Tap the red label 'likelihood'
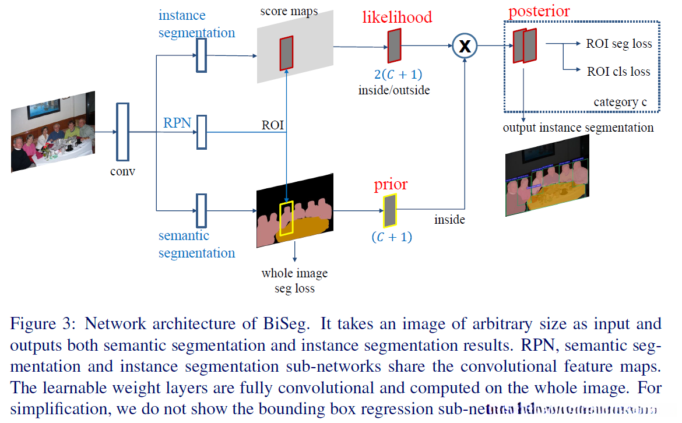click(x=397, y=17)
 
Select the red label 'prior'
click(x=391, y=185)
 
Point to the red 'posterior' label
click(x=539, y=11)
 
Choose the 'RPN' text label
click(x=176, y=123)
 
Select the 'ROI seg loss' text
click(x=618, y=44)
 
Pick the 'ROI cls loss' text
click(x=618, y=71)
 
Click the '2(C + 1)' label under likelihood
click(x=398, y=75)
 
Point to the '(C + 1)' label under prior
click(x=391, y=237)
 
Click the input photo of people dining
click(x=52, y=132)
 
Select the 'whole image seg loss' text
click(x=294, y=280)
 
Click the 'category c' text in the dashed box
click(x=620, y=102)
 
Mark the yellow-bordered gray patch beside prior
click(x=389, y=211)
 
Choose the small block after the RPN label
click(x=202, y=132)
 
